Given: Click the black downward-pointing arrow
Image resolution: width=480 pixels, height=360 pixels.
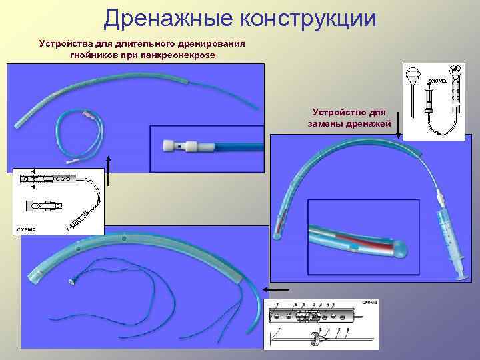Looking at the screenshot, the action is (x=399, y=125).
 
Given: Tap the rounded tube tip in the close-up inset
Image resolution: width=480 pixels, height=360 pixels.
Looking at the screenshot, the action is (x=397, y=247).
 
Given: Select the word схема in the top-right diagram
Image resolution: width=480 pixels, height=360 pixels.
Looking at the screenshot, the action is (x=437, y=80).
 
